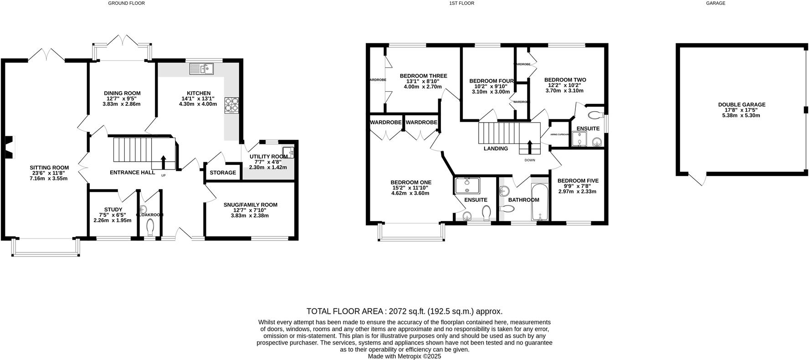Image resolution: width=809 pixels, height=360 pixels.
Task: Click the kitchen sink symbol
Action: (202, 69)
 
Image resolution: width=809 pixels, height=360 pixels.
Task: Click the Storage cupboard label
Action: (223, 173)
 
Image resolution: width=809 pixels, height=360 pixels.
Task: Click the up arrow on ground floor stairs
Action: (163, 162)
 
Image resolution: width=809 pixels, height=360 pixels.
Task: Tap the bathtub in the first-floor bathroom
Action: (540, 201)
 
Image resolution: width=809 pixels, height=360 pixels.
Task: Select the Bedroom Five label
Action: (578, 181)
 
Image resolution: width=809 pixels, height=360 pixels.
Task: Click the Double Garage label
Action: (742, 105)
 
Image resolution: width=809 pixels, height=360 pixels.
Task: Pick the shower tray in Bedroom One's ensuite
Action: (467, 185)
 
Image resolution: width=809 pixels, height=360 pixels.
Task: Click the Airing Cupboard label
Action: (560, 134)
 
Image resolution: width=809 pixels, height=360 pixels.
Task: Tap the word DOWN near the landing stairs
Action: (530, 160)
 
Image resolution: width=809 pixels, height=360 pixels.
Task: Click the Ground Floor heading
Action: (126, 3)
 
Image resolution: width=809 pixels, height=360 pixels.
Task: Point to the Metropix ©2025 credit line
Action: (404, 357)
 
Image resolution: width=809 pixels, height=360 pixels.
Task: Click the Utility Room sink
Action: (288, 152)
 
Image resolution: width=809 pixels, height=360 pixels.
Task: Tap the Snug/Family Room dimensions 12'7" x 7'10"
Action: (250, 210)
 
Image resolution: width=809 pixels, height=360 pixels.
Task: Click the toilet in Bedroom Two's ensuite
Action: (595, 115)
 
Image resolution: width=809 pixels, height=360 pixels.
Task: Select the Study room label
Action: (113, 210)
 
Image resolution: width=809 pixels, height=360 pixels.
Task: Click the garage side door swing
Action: (698, 180)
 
